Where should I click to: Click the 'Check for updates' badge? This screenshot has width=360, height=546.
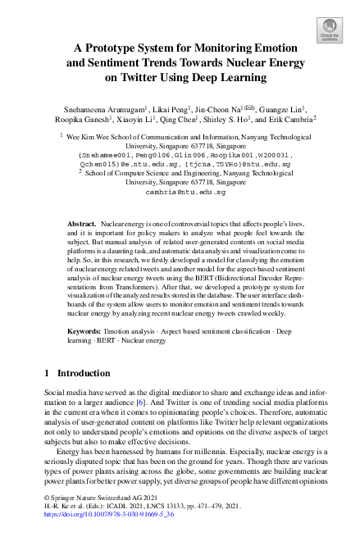329,31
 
